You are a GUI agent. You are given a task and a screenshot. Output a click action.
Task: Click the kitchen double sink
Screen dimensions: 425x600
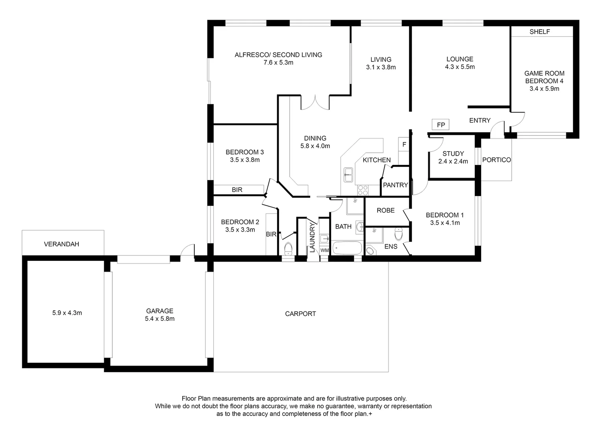pos(348,175)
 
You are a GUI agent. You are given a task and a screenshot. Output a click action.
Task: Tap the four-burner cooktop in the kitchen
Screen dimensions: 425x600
pos(363,190)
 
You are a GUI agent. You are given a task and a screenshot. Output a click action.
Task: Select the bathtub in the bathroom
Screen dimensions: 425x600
pos(347,248)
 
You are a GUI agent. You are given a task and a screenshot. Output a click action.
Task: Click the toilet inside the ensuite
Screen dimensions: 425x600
pos(399,234)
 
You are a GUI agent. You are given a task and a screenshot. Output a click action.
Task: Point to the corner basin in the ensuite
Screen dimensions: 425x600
pos(370,250)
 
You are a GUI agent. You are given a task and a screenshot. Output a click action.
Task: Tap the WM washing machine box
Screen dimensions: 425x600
pos(324,250)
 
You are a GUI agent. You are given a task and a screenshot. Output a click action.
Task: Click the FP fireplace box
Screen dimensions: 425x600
pos(441,125)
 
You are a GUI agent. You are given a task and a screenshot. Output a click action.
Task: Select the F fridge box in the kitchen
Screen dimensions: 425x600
pos(404,145)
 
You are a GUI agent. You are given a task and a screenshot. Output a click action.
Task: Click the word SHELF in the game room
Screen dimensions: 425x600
pos(539,32)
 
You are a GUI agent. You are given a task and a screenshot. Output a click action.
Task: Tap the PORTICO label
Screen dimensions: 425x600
pos(496,160)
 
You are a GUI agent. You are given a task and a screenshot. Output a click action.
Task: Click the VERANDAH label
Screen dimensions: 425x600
pos(61,244)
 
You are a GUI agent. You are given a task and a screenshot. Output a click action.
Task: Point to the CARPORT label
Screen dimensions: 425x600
pos(300,314)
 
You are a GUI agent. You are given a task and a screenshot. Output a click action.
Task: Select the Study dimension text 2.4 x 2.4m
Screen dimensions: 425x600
pos(453,161)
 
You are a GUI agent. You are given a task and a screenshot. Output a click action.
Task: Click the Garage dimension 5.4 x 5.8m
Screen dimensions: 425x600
pos(159,319)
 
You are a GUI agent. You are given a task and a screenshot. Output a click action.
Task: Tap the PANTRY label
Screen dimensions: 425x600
pos(395,185)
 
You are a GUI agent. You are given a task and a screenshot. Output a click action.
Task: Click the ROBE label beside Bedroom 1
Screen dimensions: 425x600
pos(385,211)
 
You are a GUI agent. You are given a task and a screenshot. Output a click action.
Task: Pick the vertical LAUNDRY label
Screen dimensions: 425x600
pos(312,238)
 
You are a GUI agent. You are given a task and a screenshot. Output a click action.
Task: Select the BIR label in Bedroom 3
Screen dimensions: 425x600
pos(237,190)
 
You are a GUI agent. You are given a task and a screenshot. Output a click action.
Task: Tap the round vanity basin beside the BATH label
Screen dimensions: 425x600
pos(360,227)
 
